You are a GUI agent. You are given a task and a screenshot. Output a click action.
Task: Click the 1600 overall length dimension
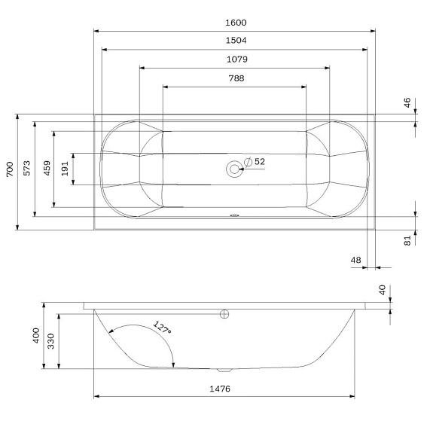[235, 23]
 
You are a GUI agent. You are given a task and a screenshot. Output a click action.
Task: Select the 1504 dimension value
[235, 41]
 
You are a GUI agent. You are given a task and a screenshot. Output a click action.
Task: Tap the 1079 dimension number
[235, 59]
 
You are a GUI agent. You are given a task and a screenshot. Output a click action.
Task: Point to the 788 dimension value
[235, 78]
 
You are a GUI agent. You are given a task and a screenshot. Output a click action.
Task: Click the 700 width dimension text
[8, 170]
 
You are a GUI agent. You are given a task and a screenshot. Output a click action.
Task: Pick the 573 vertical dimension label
[26, 170]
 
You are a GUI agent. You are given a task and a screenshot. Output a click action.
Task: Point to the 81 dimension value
[407, 240]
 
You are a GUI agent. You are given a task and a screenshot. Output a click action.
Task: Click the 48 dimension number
[355, 260]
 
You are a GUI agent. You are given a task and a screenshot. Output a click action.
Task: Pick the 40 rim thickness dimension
[382, 289]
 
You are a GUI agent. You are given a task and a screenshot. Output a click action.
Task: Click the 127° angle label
[161, 329]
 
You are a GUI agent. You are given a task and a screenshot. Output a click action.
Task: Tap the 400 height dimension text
[35, 336]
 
